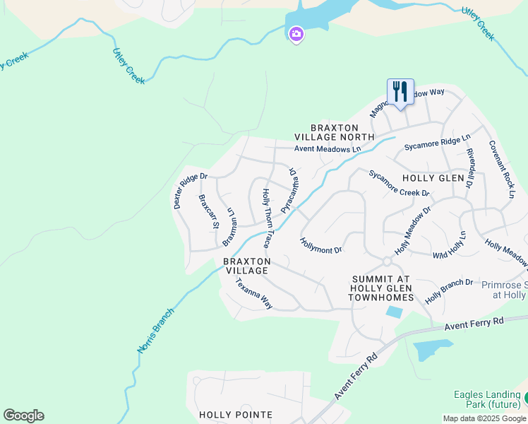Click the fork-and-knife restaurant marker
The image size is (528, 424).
(400, 93)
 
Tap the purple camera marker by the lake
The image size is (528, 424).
(296, 33)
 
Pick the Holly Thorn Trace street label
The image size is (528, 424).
(266, 218)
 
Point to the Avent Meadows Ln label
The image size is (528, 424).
(328, 148)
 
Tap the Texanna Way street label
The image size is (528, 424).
(254, 293)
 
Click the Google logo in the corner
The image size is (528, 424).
(23, 416)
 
